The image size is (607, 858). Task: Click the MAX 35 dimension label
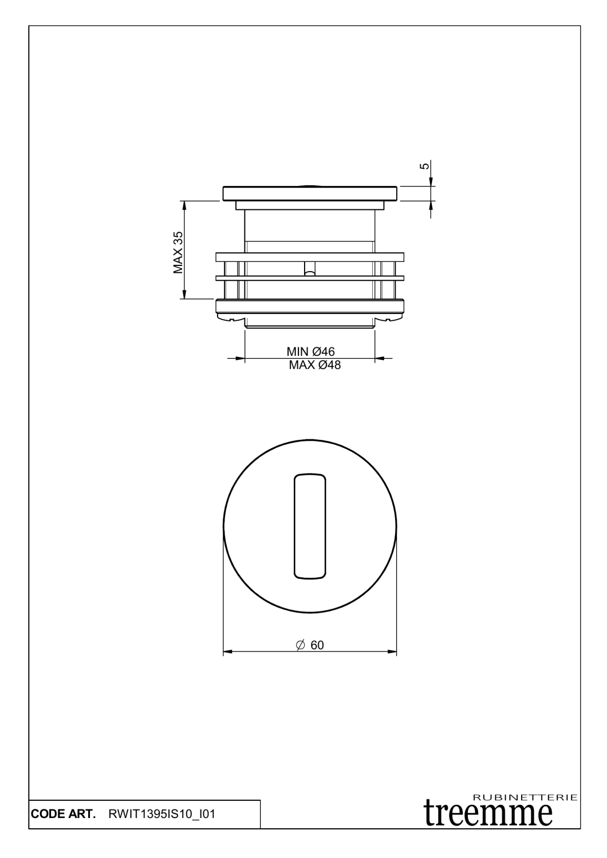178,252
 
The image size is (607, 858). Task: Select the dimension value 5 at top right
424,166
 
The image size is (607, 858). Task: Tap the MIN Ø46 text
310,352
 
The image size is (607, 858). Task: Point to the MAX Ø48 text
314,365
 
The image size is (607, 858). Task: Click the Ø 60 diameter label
310,645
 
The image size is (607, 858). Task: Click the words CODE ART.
62,814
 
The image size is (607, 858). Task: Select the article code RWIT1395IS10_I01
161,814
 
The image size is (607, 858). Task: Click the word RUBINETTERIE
526,796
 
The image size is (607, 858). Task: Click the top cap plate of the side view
310,193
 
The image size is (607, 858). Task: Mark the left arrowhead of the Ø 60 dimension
227,652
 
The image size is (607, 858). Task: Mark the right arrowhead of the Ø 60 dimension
392,652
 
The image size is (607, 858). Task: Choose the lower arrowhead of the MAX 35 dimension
184,294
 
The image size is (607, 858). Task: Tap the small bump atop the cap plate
310,185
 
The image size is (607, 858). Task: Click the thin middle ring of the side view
310,279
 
